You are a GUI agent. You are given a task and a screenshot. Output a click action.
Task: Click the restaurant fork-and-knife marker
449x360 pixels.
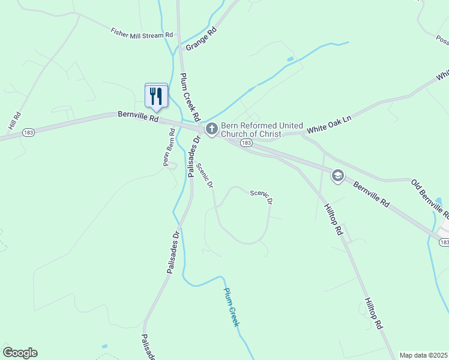156,95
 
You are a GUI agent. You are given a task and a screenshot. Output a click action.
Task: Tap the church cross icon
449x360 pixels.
211,129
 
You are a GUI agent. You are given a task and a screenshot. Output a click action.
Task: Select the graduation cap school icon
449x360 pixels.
337,175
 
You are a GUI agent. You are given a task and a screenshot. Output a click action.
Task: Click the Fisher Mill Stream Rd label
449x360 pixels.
142,34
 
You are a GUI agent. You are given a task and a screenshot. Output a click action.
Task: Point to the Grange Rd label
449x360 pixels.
201,38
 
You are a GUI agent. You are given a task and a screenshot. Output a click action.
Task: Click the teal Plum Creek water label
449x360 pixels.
231,307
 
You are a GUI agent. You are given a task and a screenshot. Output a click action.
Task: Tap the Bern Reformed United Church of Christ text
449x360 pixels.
251,130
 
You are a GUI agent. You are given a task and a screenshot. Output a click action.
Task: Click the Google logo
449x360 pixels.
20,353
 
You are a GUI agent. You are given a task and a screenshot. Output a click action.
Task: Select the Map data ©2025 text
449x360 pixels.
423,355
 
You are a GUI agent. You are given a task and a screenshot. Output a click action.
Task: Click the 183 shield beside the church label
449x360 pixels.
246,144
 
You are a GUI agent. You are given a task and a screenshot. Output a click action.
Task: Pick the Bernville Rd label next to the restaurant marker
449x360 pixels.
138,117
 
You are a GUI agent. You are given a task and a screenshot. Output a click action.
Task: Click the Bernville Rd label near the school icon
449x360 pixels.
370,194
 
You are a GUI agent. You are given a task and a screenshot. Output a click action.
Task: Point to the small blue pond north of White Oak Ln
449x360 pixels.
291,59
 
